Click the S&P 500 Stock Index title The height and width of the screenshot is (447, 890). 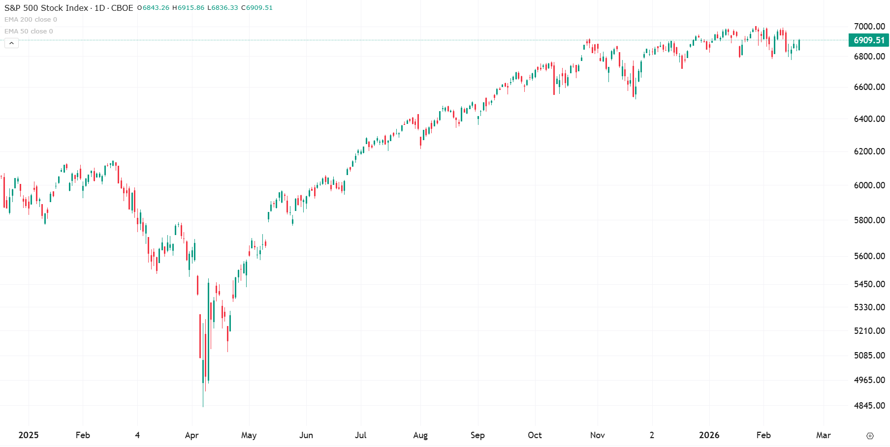(x=46, y=8)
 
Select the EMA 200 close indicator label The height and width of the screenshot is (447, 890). (x=31, y=20)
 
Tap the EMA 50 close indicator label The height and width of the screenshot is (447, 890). (x=29, y=31)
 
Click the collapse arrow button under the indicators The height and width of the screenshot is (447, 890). (x=12, y=43)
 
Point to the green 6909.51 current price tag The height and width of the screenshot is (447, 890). (x=869, y=40)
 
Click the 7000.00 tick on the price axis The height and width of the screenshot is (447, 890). (x=869, y=27)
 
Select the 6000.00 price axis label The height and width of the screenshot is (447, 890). (x=869, y=185)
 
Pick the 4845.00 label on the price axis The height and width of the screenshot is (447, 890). (x=869, y=406)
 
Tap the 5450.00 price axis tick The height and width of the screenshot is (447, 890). (x=869, y=284)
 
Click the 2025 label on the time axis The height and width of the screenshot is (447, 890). (x=29, y=435)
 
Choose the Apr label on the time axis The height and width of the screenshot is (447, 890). (x=191, y=435)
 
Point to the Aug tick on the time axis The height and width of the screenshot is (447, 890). (x=420, y=435)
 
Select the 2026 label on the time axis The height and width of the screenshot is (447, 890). (x=709, y=435)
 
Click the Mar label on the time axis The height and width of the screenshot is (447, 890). (x=823, y=435)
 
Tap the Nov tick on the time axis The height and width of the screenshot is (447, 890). (x=597, y=435)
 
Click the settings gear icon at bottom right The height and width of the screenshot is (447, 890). (x=870, y=436)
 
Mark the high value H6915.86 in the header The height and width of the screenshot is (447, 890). (x=188, y=8)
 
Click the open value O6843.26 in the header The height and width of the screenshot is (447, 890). (x=153, y=8)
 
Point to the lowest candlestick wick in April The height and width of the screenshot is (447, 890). (x=203, y=401)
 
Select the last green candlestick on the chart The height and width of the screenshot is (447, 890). (x=799, y=45)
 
